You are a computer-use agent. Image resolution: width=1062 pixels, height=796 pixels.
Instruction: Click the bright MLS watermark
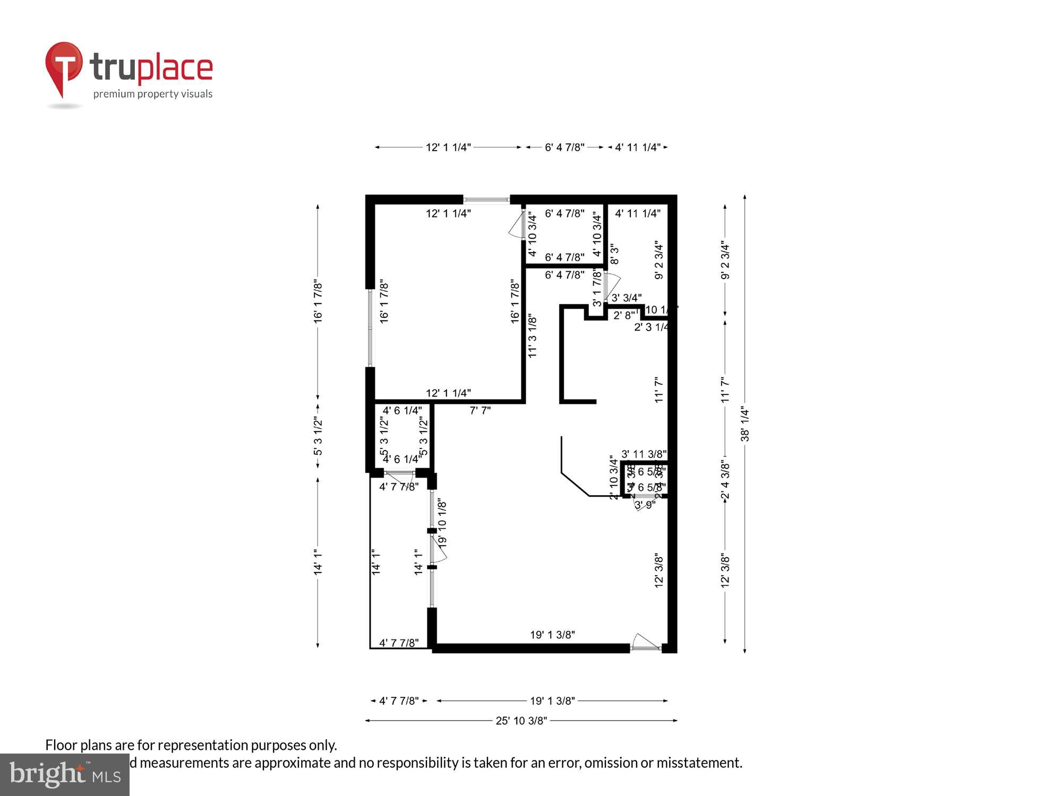coord(64,775)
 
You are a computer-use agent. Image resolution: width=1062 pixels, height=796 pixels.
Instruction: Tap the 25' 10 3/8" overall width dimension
coord(521,721)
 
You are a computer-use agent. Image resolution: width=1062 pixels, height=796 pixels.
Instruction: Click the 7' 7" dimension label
coord(480,410)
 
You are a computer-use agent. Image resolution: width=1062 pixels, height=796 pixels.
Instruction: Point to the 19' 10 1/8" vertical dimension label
coord(442,523)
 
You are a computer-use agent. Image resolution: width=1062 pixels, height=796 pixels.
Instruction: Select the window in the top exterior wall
coord(486,200)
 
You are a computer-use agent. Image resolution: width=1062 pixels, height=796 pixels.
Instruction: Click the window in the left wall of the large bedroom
coord(370,328)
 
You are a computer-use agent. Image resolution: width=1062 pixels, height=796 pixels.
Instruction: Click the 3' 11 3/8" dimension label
coord(644,454)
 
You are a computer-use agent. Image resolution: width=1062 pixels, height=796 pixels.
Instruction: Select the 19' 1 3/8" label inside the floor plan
coord(552,635)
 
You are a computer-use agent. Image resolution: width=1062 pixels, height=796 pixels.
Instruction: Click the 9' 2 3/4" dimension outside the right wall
coord(725,261)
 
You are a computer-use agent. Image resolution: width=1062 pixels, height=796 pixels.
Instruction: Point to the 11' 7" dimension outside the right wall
coord(725,390)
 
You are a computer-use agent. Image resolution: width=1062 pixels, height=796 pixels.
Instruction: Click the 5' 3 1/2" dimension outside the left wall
coord(318,436)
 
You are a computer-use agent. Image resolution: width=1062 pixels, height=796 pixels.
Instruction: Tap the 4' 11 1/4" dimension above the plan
coord(637,148)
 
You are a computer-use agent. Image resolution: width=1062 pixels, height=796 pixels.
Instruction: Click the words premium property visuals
coord(153,94)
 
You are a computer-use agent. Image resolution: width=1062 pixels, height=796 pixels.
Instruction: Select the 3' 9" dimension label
coord(645,505)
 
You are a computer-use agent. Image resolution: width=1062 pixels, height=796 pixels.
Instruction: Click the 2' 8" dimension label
coord(623,315)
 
